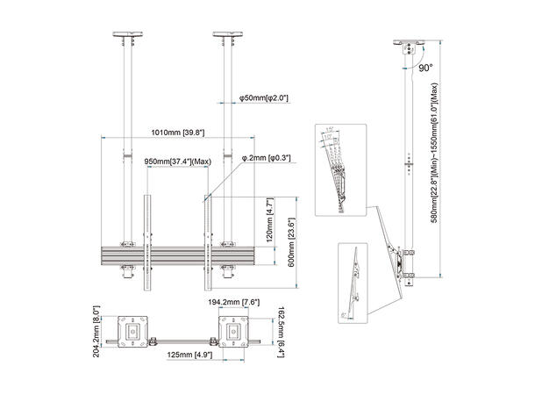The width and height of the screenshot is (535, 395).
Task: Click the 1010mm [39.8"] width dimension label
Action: [x=178, y=133]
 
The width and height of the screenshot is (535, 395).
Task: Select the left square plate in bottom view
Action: [x=132, y=331]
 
